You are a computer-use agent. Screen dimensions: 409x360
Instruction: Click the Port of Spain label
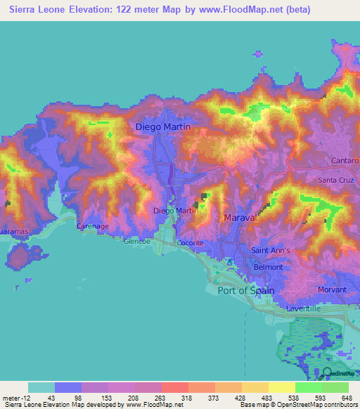[x=246, y=290]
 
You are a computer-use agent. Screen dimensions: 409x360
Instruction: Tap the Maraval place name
[x=239, y=219]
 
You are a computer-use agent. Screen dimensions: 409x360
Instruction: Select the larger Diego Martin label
[x=162, y=126]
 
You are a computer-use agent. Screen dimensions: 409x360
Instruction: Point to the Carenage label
[x=92, y=227]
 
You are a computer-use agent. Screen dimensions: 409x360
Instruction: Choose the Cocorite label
[x=190, y=242]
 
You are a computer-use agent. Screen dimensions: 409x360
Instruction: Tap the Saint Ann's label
[x=270, y=251]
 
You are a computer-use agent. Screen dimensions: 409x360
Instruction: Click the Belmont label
[x=268, y=267]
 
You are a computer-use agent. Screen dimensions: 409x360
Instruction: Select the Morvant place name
[x=332, y=290]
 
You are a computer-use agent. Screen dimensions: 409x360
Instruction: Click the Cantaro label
[x=345, y=161]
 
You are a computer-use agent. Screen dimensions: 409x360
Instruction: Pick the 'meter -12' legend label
[x=15, y=398]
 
